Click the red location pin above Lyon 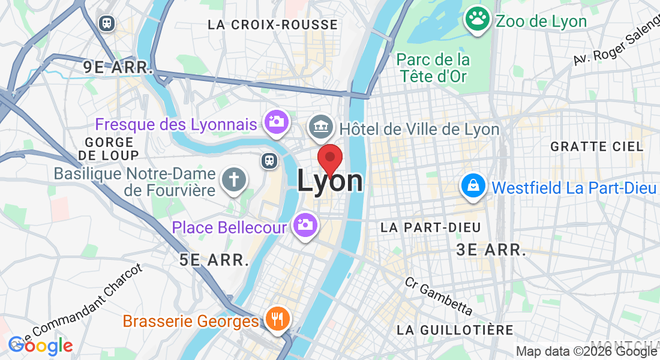(x=329, y=158)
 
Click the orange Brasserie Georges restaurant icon (x=277, y=319)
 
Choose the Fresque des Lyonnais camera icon (x=277, y=122)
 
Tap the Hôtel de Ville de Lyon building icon (x=320, y=127)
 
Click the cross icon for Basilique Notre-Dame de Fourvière (x=233, y=179)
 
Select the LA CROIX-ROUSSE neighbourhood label (x=272, y=25)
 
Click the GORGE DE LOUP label (x=109, y=149)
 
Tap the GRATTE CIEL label (x=596, y=146)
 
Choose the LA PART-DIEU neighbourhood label (x=431, y=227)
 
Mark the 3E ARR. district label (x=491, y=250)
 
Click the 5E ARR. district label (x=214, y=260)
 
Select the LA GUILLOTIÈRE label (x=455, y=330)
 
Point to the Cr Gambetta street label (x=438, y=296)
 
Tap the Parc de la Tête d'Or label (x=433, y=68)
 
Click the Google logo (x=40, y=345)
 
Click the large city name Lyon (x=330, y=181)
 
